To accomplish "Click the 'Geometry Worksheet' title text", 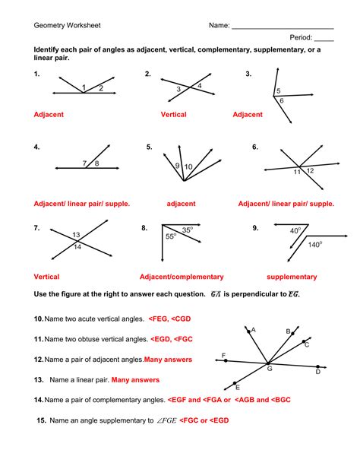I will [x=67, y=25].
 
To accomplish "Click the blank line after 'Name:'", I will [x=283, y=27].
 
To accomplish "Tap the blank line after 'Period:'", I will [x=324, y=40].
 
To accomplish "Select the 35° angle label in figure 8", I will [x=188, y=229].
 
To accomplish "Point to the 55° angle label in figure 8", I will [x=171, y=237].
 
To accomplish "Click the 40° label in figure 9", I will [x=295, y=230].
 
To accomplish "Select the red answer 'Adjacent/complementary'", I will [x=182, y=277].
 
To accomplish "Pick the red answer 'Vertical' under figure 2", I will [x=173, y=115].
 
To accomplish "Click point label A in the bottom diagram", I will [x=253, y=330].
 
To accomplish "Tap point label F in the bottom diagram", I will [x=223, y=355].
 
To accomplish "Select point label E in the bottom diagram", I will [x=238, y=387].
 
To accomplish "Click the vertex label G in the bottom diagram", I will [x=269, y=369].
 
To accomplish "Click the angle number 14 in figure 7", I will [x=76, y=247].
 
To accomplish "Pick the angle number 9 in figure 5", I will [x=177, y=166].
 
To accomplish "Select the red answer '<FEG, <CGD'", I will [x=172, y=319].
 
